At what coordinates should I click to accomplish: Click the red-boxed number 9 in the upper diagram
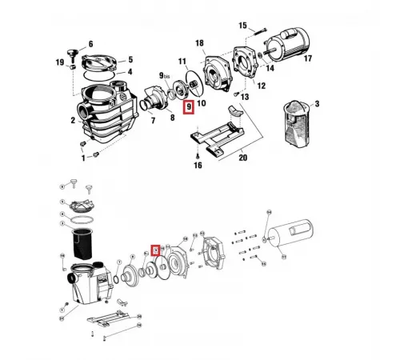189,106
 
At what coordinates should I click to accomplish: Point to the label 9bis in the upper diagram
166,76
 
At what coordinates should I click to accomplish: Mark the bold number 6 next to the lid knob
90,44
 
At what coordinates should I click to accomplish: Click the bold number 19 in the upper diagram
59,62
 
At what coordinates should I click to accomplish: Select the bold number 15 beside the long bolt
242,26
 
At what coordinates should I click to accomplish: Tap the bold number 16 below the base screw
198,166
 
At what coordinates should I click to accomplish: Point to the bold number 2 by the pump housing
72,121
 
